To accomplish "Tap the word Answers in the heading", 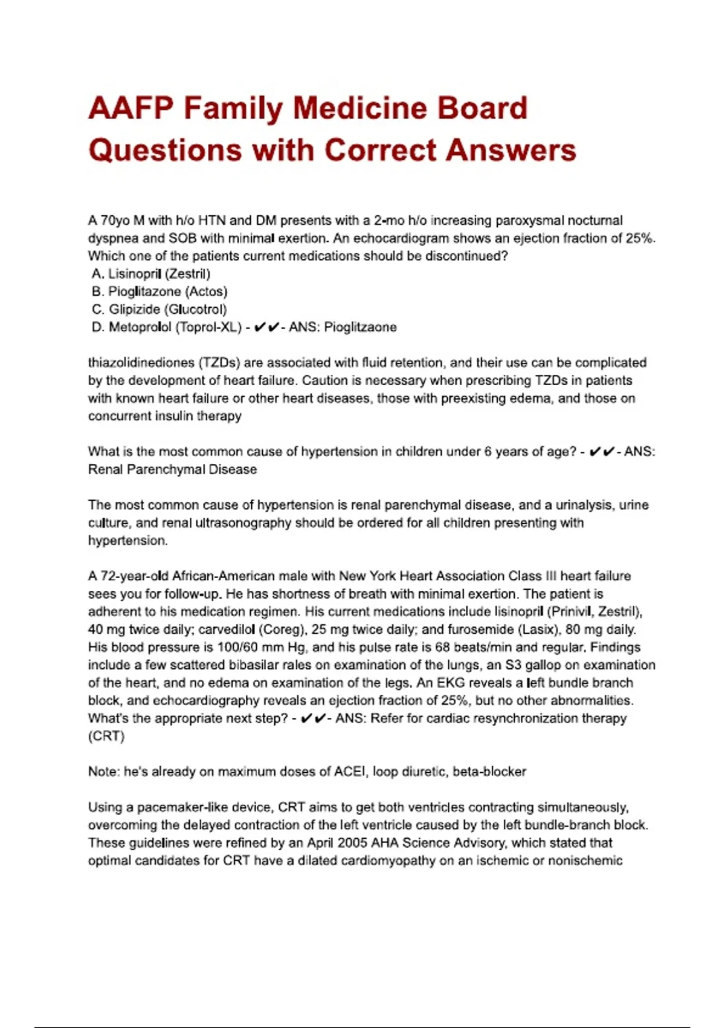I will click(511, 151).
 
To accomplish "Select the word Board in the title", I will click(483, 109).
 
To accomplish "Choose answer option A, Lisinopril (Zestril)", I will click(151, 274).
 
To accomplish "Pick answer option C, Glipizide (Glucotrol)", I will click(159, 310).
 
